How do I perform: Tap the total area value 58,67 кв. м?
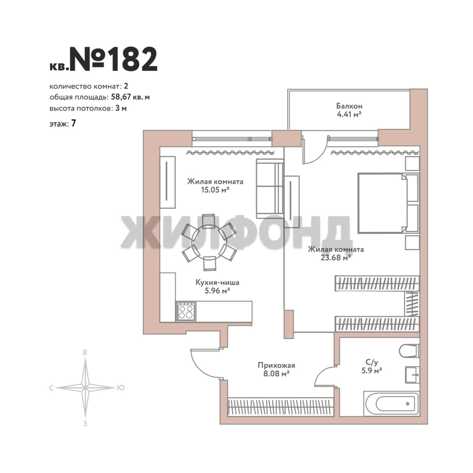pyautogui.click(x=131, y=97)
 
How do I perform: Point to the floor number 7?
pyautogui.click(x=73, y=124)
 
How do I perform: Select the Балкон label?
pyautogui.click(x=349, y=106)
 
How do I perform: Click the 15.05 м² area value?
pyautogui.click(x=215, y=190)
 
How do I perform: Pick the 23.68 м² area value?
pyautogui.click(x=335, y=258)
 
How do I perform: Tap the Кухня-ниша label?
pyautogui.click(x=217, y=282)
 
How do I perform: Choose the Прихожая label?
pyautogui.click(x=276, y=365)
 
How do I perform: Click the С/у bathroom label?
pyautogui.click(x=372, y=362)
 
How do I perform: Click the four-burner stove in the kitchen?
pyautogui.click(x=186, y=312)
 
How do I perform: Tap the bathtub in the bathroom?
pyautogui.click(x=391, y=404)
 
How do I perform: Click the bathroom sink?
pyautogui.click(x=412, y=375)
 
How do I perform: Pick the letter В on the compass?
pyautogui.click(x=85, y=352)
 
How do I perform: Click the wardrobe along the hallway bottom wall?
pyautogui.click(x=281, y=407)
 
